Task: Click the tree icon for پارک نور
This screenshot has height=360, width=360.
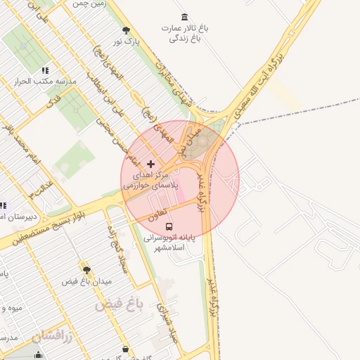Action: (126, 30)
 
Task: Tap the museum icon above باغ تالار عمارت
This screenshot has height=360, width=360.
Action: (184, 17)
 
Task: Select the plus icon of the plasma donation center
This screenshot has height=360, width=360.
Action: (150, 164)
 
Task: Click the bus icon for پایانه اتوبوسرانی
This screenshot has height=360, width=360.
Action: (169, 226)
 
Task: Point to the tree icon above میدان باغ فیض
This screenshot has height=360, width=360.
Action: (86, 269)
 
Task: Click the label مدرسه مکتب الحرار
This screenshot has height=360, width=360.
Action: (45, 82)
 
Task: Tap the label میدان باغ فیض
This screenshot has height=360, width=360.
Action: (88, 281)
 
